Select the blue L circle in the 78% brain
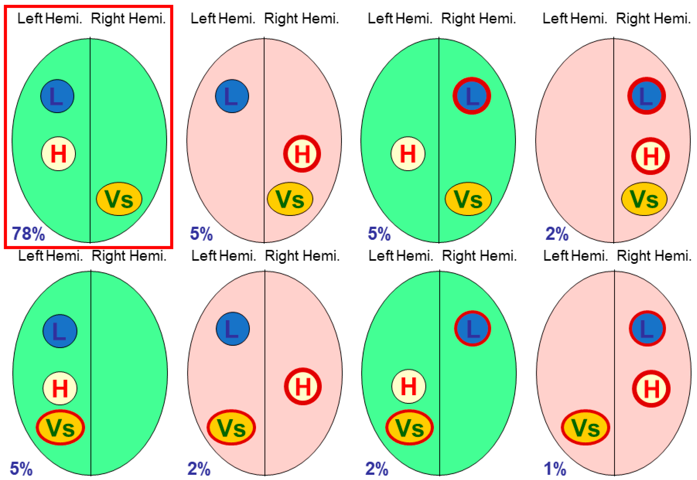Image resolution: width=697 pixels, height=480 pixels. [57, 96]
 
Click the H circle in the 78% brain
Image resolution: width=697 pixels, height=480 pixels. [58, 154]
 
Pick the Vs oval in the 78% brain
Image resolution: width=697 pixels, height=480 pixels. [119, 199]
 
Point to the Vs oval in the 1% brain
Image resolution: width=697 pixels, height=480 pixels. [585, 427]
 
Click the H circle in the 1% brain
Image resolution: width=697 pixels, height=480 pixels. [651, 389]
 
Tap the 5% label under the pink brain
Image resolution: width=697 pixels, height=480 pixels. [201, 234]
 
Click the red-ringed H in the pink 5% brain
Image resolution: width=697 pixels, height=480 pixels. [302, 154]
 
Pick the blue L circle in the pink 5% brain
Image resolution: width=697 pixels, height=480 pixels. [232, 96]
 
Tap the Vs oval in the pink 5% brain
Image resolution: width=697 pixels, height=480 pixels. [290, 199]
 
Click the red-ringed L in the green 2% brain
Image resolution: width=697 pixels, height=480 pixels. [472, 329]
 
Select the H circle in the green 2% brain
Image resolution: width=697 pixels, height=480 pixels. [408, 386]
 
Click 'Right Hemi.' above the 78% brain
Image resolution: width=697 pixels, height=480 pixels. [128, 19]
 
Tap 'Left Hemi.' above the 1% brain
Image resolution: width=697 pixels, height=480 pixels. [575, 256]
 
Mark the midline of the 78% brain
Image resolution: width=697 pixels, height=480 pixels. [90, 140]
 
